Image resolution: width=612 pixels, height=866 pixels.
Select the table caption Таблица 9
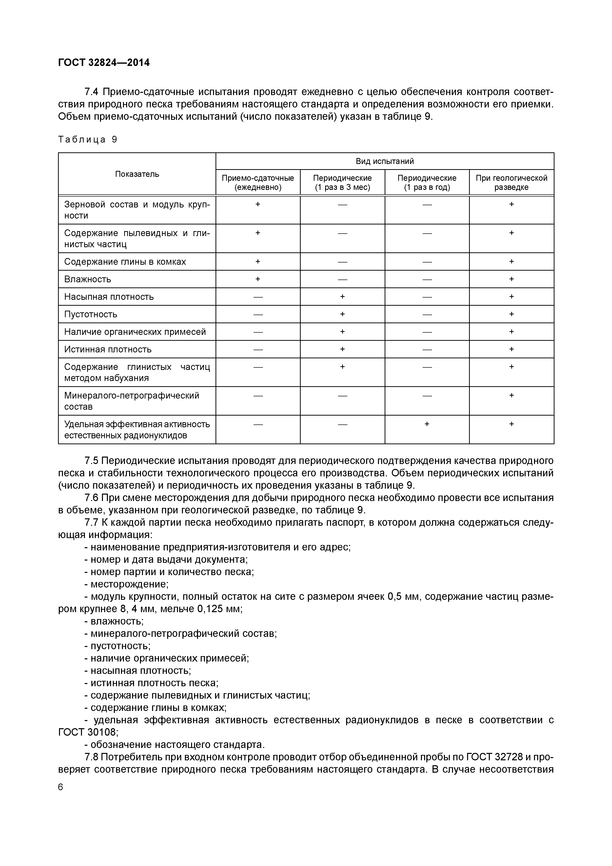[x=87, y=140]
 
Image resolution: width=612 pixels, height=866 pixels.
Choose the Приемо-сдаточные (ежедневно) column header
[x=258, y=182]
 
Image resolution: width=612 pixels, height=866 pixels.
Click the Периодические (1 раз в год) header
[x=427, y=182]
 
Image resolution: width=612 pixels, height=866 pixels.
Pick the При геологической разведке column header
[x=511, y=182]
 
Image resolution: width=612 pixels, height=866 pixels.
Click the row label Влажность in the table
[x=87, y=279]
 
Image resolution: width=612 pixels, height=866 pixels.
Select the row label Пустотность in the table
[x=91, y=314]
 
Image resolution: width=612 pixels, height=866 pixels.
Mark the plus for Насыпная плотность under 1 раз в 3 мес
[x=342, y=297]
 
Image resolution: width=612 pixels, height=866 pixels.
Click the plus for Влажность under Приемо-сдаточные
[x=258, y=279]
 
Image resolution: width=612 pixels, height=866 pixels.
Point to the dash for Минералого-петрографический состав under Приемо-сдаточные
[x=258, y=396]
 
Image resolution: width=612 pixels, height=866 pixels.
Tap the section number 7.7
[x=91, y=523]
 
